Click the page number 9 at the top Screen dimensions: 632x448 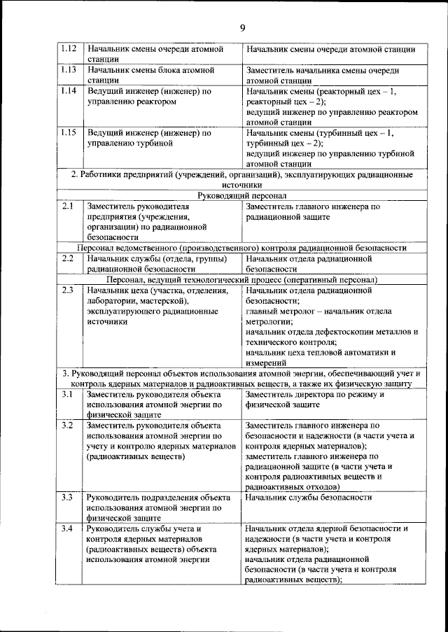point(242,28)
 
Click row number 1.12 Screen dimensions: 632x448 point(68,49)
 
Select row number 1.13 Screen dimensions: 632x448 point(68,70)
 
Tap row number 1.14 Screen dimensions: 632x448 point(68,91)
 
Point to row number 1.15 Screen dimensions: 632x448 point(68,132)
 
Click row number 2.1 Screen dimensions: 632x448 point(68,206)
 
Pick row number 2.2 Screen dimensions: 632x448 point(68,258)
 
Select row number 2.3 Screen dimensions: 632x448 point(68,289)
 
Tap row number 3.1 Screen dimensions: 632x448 point(68,394)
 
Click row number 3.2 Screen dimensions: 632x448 point(68,425)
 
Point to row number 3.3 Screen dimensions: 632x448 point(68,497)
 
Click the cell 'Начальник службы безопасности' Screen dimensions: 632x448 point(309,498)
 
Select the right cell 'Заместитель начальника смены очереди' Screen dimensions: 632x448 point(323,75)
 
